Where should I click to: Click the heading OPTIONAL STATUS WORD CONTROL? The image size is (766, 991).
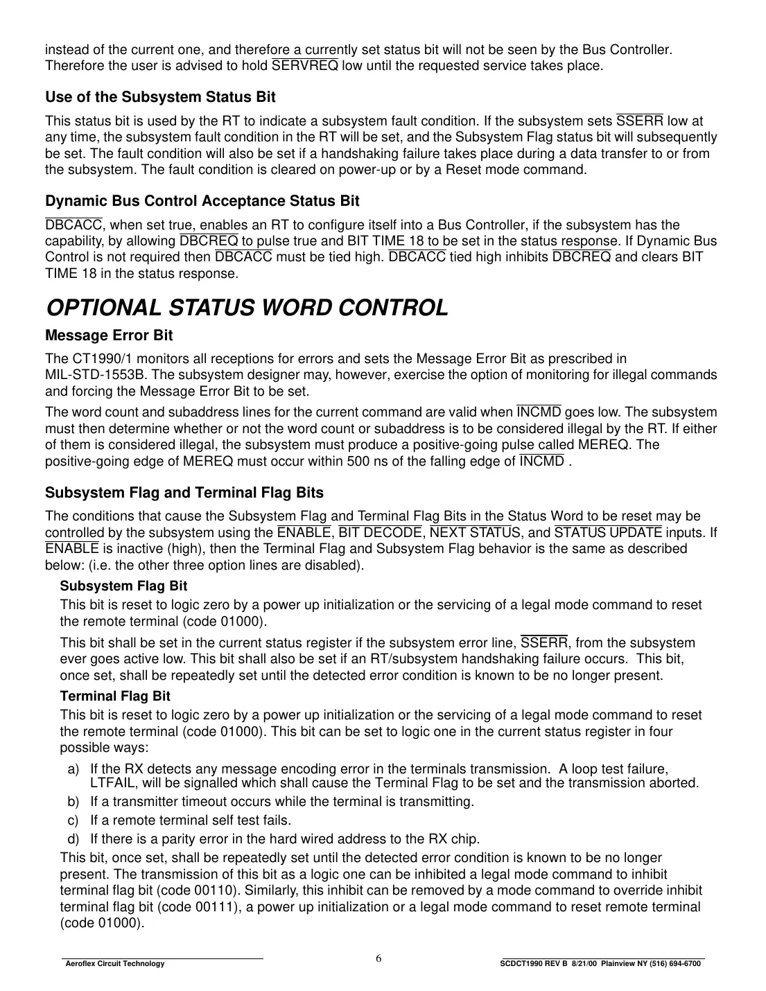246,308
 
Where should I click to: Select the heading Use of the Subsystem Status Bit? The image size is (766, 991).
160,97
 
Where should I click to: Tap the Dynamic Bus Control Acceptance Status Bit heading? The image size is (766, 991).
202,201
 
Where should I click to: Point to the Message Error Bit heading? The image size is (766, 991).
109,335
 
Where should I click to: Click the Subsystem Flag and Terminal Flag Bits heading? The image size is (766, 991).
184,493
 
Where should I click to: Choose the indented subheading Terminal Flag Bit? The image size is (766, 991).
115,696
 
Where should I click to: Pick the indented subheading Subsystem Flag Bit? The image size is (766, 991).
123,586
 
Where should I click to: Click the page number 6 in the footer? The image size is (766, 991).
378,958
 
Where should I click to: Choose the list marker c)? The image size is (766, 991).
73,821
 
